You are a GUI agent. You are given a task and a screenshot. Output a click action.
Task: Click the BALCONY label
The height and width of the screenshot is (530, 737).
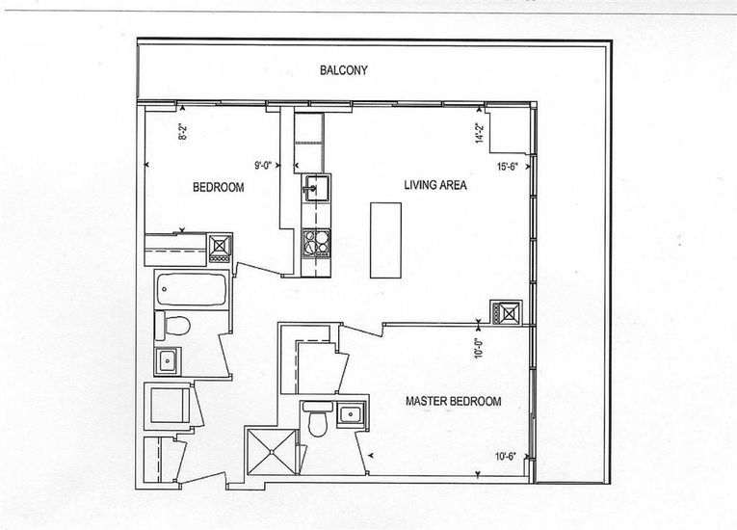(x=344, y=70)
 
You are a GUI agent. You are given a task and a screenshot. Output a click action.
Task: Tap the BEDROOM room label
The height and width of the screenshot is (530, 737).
(x=219, y=187)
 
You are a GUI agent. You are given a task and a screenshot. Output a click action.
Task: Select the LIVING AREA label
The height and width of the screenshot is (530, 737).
(x=435, y=185)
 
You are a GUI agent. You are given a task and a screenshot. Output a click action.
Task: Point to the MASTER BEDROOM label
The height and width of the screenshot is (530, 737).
(x=453, y=401)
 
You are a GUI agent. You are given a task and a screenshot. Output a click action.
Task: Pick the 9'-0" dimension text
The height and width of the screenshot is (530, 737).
(x=263, y=165)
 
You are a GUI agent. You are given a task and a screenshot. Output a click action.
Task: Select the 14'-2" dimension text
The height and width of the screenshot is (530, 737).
(x=480, y=133)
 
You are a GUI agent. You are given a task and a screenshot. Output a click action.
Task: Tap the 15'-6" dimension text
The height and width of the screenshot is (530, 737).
(x=507, y=166)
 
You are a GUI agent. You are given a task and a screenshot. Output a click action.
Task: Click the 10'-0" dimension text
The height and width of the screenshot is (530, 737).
(x=479, y=349)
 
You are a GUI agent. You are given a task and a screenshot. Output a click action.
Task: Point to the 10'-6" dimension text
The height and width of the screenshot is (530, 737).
(x=505, y=456)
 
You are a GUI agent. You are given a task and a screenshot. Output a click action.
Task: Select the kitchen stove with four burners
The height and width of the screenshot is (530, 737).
(x=316, y=243)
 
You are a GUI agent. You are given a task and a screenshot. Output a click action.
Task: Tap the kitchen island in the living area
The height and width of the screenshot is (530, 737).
(x=386, y=240)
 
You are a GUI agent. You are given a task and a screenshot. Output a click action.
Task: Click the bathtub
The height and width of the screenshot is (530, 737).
(x=192, y=289)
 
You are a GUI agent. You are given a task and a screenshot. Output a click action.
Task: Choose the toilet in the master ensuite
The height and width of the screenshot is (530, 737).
(x=318, y=418)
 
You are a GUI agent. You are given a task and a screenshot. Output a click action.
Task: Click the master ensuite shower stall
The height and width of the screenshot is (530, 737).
(x=272, y=452)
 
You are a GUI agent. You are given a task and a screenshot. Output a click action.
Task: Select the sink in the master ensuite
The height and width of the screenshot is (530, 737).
(x=350, y=414)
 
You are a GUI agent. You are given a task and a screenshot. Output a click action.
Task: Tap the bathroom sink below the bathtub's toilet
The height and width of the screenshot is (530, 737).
(x=168, y=360)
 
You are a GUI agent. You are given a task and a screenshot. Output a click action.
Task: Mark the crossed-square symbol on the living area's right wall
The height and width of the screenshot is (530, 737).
(x=506, y=313)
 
